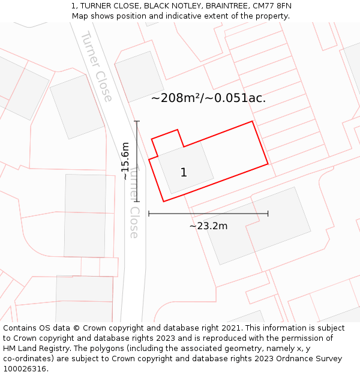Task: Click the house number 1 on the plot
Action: [184, 173]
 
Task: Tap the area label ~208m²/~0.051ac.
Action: [208, 98]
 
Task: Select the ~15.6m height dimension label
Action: [125, 161]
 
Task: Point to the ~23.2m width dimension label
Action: [208, 226]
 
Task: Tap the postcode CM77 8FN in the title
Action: [271, 6]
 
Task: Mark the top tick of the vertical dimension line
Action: [137, 122]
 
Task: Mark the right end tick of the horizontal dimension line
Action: [268, 213]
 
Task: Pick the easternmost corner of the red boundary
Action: [268, 163]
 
